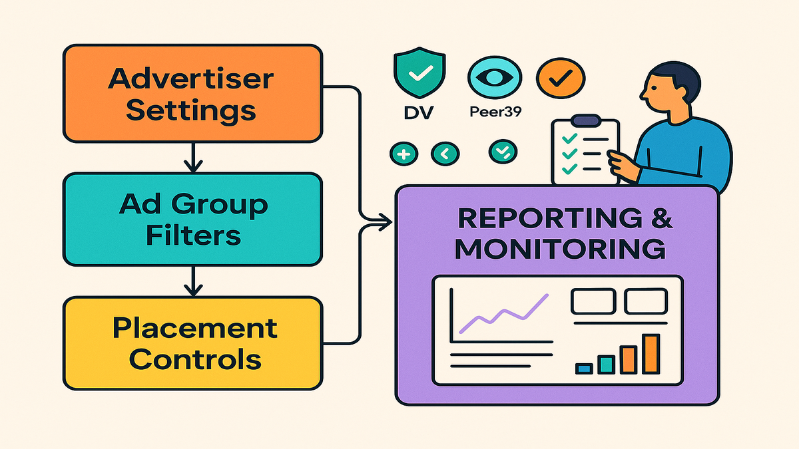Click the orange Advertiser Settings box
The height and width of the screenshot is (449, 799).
click(x=192, y=93)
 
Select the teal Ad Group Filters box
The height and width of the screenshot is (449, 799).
click(x=192, y=220)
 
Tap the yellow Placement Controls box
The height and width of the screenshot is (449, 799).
click(x=192, y=344)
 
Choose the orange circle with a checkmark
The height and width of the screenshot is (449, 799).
click(x=560, y=78)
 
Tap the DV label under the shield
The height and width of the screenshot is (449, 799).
click(x=419, y=112)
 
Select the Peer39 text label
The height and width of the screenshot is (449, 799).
click(x=495, y=112)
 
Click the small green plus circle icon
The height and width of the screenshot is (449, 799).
click(x=403, y=154)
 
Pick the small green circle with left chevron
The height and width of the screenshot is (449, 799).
click(x=444, y=154)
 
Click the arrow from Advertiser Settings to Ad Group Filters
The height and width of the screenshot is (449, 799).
click(x=192, y=157)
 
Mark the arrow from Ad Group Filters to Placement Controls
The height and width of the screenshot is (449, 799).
click(x=192, y=282)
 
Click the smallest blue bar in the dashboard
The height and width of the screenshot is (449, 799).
click(x=584, y=368)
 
